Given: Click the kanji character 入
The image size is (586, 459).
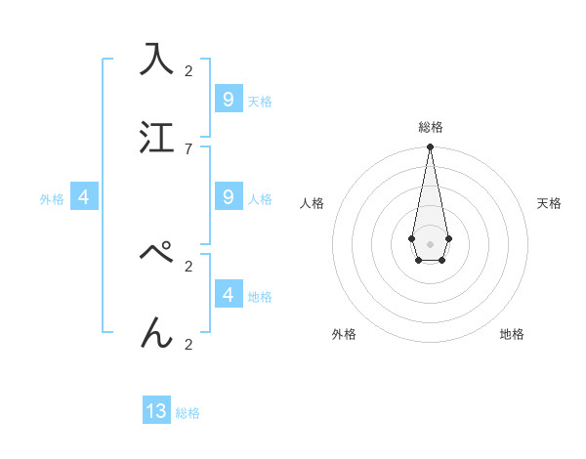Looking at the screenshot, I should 157,59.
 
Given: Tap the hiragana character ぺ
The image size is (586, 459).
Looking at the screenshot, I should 157,253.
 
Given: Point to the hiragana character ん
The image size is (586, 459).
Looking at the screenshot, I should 157,332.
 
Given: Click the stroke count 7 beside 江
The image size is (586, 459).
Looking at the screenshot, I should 188,148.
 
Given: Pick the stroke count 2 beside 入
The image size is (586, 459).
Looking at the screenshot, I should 188,70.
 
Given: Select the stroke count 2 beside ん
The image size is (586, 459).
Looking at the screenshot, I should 188,344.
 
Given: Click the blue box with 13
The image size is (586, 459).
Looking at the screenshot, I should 156,411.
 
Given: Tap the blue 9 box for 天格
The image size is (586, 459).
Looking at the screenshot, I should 229,99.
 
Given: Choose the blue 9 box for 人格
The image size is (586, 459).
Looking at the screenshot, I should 229,196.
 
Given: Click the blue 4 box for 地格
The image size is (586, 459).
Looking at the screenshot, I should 229,294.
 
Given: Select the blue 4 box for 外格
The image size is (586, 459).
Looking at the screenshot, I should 84,196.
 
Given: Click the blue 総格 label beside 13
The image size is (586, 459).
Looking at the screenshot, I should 188,413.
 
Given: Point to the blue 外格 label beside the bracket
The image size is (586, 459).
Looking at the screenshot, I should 52,198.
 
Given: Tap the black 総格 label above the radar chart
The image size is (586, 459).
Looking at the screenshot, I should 430,127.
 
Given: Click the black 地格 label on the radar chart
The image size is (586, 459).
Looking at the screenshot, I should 512,334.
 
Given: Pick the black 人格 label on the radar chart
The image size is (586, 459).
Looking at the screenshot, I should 312,203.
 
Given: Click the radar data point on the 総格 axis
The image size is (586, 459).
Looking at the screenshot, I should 430,147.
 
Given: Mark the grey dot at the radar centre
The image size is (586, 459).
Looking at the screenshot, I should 430,243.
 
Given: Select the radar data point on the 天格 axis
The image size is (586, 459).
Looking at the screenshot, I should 448,238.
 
